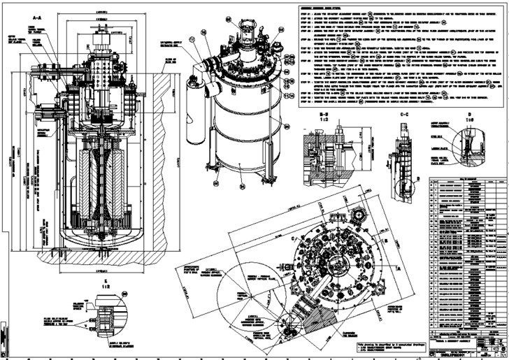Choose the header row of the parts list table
(465, 179)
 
